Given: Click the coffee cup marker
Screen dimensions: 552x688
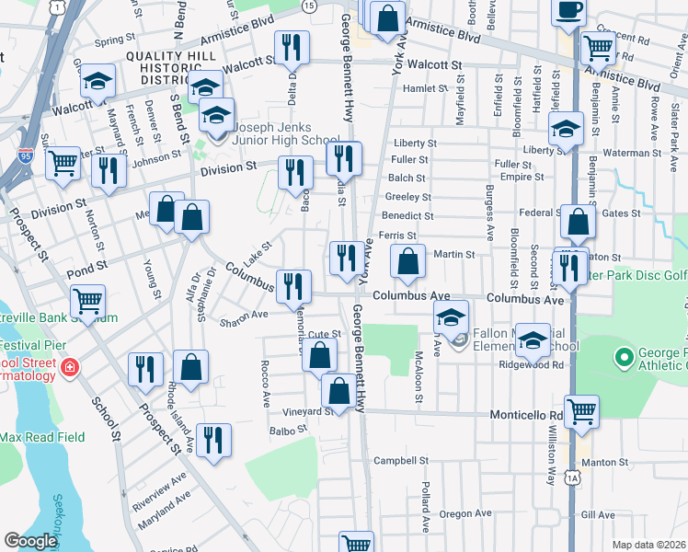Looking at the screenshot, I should (x=568, y=11).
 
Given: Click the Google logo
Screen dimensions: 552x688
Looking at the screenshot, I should (x=30, y=541).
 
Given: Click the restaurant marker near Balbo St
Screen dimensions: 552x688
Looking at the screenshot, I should (x=212, y=440).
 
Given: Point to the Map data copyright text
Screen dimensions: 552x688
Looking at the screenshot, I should (x=648, y=545).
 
